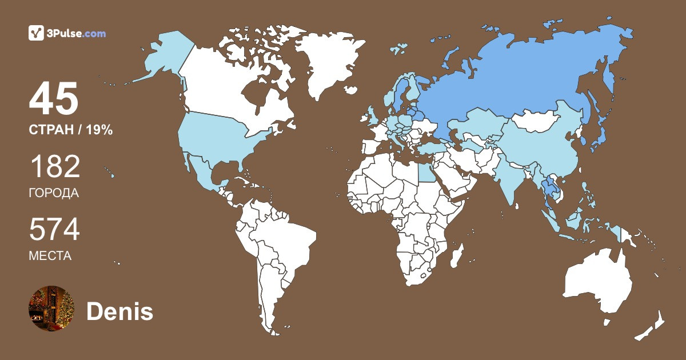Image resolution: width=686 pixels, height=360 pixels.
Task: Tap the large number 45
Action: point(54,99)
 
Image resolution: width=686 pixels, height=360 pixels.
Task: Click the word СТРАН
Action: point(50,130)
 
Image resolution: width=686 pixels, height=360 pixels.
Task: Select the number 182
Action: point(54,168)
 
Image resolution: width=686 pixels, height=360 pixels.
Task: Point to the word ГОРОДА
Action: point(53,193)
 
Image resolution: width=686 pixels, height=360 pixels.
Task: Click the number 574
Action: point(54,230)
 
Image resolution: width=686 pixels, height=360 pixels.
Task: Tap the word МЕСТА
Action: point(50,256)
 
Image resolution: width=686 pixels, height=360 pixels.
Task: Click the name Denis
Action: point(119,312)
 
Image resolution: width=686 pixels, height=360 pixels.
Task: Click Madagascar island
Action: point(456,255)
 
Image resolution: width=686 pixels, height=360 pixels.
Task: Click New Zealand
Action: point(652,326)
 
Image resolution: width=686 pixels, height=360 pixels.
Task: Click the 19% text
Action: point(99,130)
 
